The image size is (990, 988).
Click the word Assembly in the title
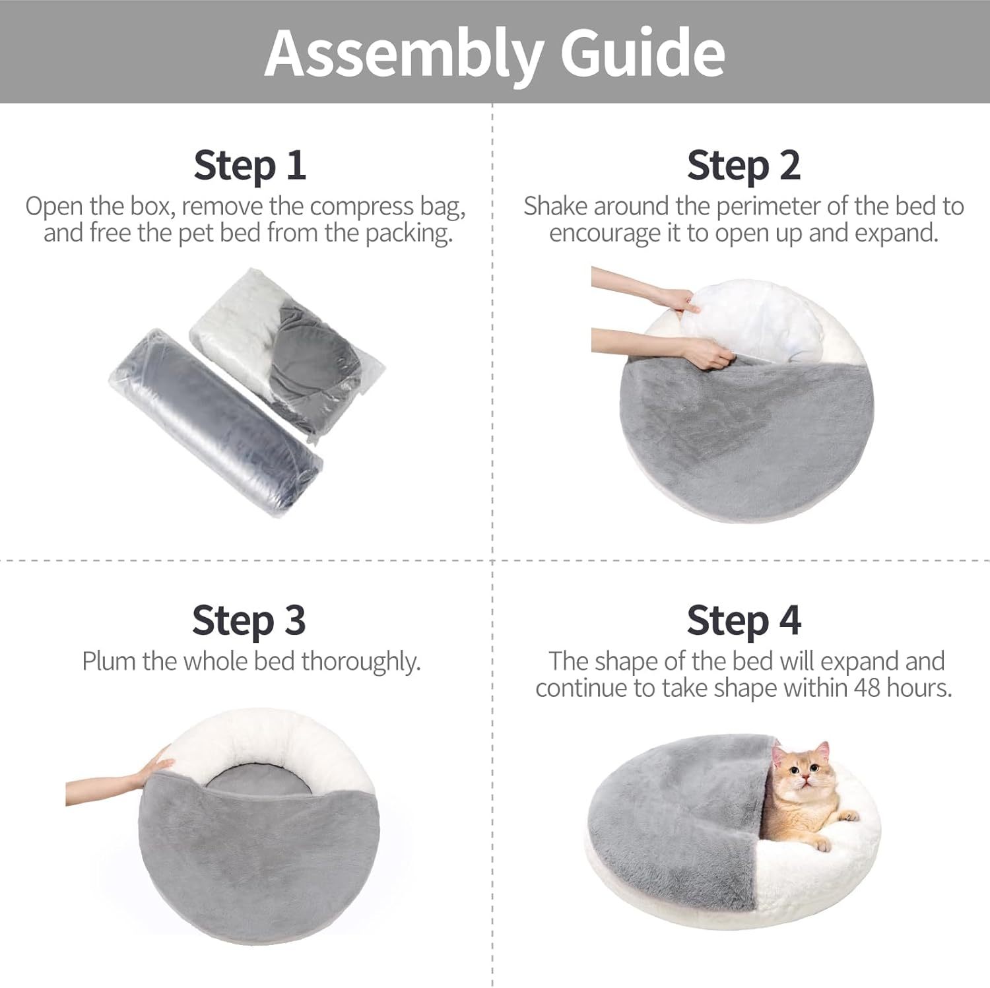click(404, 53)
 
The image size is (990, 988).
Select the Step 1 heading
click(249, 165)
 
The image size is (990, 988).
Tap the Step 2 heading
click(743, 165)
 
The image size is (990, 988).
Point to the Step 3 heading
click(249, 620)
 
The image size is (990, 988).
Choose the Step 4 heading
click(743, 620)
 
